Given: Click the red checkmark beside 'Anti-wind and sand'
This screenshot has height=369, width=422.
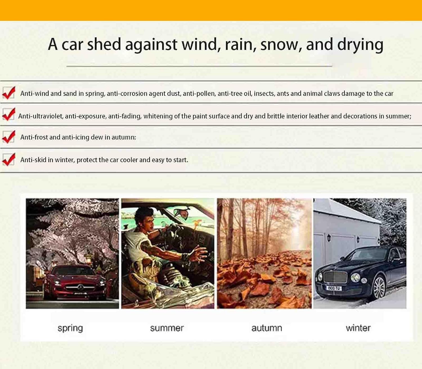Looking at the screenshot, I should (9, 93).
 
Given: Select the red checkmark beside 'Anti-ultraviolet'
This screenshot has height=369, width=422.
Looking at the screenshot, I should (9, 115).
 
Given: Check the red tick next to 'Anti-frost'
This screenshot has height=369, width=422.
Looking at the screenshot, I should (9, 137).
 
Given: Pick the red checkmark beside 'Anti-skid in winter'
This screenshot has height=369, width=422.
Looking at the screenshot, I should (9, 159).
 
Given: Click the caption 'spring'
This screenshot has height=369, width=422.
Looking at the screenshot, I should (70, 328).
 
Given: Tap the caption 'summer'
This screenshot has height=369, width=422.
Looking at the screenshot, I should (167, 328).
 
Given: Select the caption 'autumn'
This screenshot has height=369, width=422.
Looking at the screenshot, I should (267, 328).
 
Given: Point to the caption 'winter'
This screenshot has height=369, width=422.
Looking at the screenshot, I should (358, 328).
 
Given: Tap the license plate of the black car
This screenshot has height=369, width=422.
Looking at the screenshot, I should (334, 288).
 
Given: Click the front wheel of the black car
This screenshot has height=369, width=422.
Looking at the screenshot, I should (379, 287).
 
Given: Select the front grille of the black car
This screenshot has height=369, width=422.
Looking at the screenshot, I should (335, 277).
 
